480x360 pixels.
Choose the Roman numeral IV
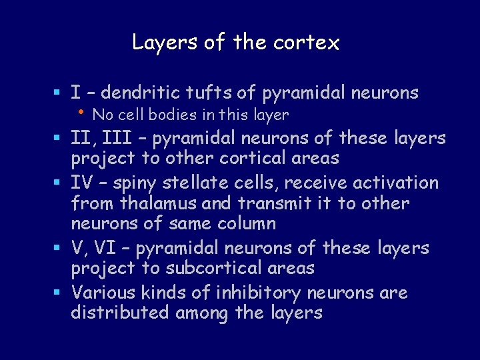point(81,183)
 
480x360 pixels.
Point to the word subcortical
point(211,269)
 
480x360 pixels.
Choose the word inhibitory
point(255,293)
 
